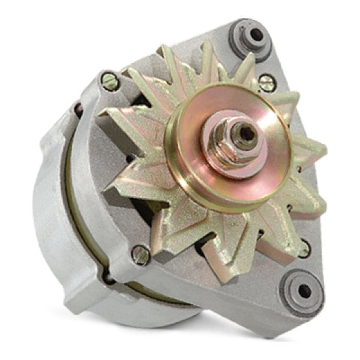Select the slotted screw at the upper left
[110, 81]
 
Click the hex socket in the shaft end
[245, 134]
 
